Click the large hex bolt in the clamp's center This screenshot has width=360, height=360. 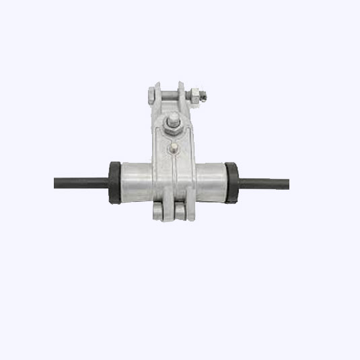click(173, 122)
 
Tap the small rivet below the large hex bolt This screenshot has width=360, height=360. click(174, 147)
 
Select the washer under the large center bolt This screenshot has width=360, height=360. click(173, 129)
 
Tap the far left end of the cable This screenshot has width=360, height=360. click(55, 182)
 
